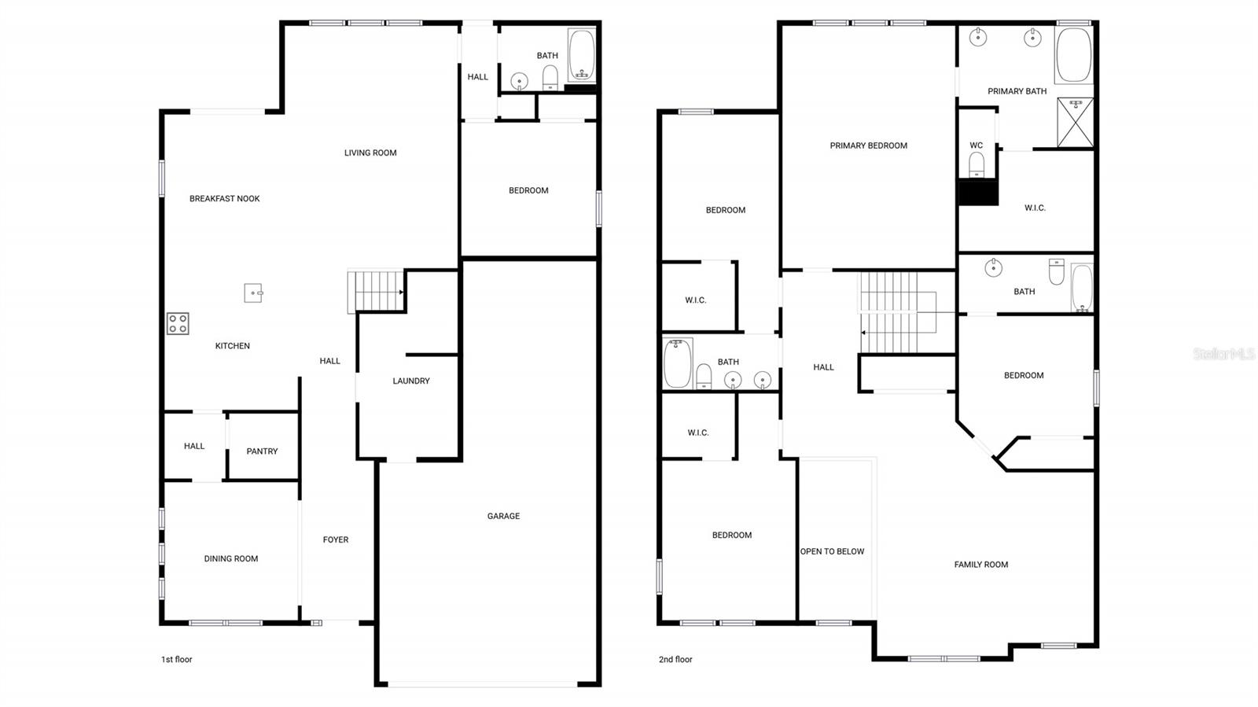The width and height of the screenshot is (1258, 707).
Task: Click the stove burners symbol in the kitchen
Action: [x=178, y=324]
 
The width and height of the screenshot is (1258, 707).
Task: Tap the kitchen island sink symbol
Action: [x=253, y=293]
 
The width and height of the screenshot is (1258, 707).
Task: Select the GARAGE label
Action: [x=503, y=516]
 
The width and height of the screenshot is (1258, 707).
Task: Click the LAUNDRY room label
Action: [x=411, y=381]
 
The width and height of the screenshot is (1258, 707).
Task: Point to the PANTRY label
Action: [x=262, y=451]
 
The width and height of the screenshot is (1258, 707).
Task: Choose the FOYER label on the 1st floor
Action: [x=335, y=539]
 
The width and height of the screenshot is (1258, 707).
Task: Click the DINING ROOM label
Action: [x=231, y=558]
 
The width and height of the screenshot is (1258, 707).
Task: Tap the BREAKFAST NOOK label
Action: [x=225, y=198]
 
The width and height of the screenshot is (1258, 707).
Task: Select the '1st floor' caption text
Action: [x=177, y=659]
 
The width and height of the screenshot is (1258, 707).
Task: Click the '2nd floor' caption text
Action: [x=675, y=659]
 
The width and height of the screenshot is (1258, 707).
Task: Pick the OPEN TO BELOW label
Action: [x=832, y=551]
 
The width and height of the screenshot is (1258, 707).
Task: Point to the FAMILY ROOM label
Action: [x=981, y=565]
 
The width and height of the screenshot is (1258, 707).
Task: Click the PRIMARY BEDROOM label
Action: [x=869, y=145]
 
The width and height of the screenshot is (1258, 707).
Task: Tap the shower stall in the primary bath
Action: [x=1076, y=123]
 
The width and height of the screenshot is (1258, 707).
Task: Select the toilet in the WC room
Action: [x=977, y=164]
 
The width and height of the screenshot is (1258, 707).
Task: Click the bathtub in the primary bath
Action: [x=1074, y=55]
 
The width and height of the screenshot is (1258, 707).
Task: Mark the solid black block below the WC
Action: [x=978, y=192]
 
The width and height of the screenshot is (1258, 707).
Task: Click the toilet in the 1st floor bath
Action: [x=550, y=78]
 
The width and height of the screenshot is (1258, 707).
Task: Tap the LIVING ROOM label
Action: [x=370, y=153]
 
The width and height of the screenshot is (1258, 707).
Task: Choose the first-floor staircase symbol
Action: [x=376, y=291]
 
